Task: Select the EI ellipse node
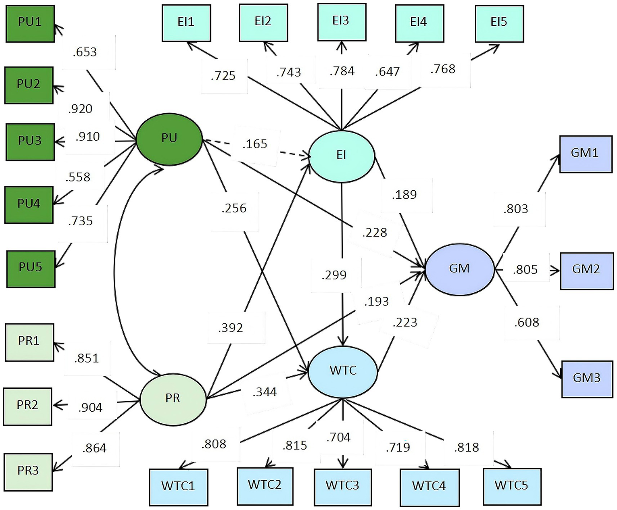(x=342, y=156)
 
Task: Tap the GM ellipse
(x=459, y=269)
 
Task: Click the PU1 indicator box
(x=30, y=23)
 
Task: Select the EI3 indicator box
(x=341, y=22)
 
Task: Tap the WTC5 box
(x=511, y=486)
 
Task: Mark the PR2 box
(x=28, y=406)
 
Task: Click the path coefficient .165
(x=255, y=144)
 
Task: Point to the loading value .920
(x=80, y=109)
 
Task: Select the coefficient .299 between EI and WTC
(x=334, y=275)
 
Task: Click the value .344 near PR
(x=265, y=392)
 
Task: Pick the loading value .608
(x=527, y=322)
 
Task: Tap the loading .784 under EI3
(x=342, y=71)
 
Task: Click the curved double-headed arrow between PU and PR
(x=115, y=269)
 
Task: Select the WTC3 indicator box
(x=342, y=486)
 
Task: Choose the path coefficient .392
(x=231, y=328)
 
